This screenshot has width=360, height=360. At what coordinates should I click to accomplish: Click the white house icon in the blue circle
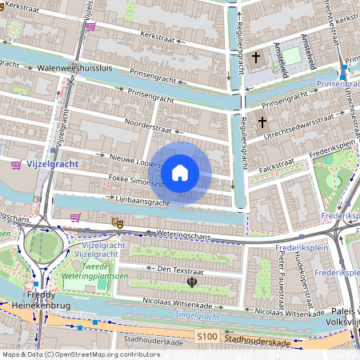(x=180, y=172)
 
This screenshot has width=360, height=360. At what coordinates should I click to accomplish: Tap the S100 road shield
(x=206, y=339)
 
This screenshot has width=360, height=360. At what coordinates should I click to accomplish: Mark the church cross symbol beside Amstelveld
(x=256, y=58)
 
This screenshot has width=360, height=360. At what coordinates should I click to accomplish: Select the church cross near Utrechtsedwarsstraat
(x=262, y=122)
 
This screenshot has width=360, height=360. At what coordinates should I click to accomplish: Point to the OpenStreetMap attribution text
(x=81, y=354)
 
